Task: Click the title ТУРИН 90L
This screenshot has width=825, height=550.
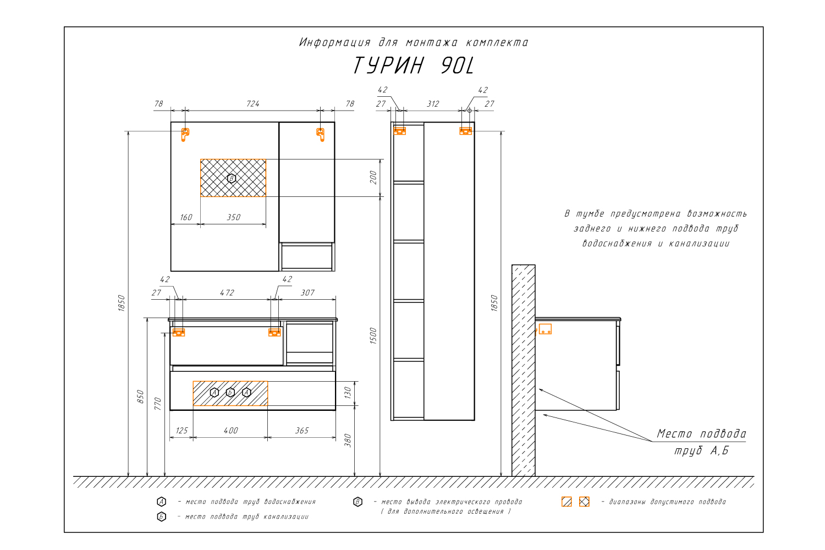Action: (x=413, y=65)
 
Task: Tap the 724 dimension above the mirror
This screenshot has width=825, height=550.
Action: (x=252, y=104)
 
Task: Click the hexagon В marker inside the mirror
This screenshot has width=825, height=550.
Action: (x=232, y=178)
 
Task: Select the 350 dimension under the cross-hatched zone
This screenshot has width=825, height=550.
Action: (x=234, y=217)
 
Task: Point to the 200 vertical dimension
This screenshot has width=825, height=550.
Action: (x=373, y=178)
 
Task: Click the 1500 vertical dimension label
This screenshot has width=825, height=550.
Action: (x=373, y=336)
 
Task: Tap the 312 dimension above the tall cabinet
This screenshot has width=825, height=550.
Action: (x=433, y=104)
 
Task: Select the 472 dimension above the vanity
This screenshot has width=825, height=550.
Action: (x=227, y=293)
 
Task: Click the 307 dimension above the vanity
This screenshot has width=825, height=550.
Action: (x=307, y=293)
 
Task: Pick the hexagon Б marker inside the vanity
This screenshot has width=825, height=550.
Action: (x=230, y=392)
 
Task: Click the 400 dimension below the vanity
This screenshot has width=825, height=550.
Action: (x=231, y=430)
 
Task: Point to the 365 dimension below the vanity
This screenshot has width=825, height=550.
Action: (x=302, y=430)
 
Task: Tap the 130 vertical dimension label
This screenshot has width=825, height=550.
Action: (x=348, y=393)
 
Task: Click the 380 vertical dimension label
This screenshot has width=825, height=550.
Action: (x=348, y=441)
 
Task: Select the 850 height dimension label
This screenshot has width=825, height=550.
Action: (x=140, y=397)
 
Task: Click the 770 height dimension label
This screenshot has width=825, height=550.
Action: (x=158, y=404)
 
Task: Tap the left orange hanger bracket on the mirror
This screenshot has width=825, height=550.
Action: (x=185, y=134)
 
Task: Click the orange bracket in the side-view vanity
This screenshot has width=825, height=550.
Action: (x=545, y=329)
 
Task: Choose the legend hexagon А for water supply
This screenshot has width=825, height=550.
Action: (x=161, y=502)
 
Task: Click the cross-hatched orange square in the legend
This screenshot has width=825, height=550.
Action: (x=584, y=502)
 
